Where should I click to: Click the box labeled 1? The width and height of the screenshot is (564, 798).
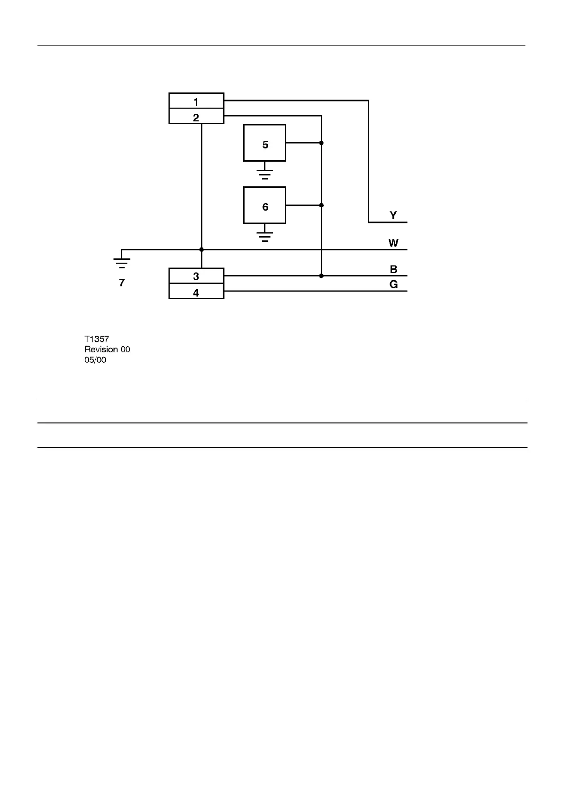(x=196, y=101)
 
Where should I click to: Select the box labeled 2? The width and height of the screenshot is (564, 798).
(x=196, y=117)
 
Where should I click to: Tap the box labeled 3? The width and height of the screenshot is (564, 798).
(x=196, y=276)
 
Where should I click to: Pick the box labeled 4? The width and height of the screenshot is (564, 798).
(x=196, y=292)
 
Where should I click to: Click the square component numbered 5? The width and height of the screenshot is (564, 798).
(x=264, y=143)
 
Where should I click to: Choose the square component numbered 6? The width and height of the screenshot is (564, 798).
(x=264, y=205)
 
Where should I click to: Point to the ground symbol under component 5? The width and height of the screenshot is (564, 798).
(x=265, y=173)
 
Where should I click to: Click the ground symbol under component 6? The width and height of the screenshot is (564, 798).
(x=265, y=236)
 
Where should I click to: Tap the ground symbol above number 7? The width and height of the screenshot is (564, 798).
(x=122, y=261)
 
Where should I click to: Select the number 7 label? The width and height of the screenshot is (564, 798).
(x=122, y=283)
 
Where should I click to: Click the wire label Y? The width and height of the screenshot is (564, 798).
(x=393, y=216)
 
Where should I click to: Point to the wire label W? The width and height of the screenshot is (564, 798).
(x=393, y=243)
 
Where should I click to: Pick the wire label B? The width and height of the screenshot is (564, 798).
(x=393, y=270)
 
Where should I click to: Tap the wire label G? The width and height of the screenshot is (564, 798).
(x=393, y=285)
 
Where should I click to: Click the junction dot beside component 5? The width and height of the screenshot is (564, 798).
(x=321, y=143)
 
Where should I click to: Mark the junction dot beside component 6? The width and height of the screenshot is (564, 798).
(x=321, y=205)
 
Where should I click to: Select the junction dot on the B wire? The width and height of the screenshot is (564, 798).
(x=321, y=275)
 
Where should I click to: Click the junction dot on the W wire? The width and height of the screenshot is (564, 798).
(x=201, y=249)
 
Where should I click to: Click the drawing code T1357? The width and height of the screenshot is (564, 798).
(x=97, y=339)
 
